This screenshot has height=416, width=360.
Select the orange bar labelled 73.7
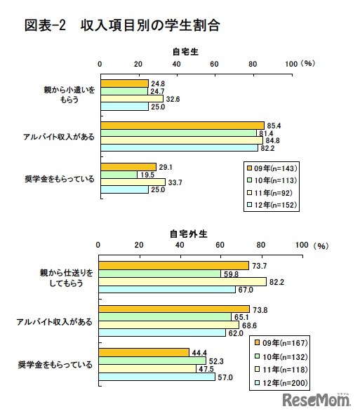pyautogui.click(x=173, y=265)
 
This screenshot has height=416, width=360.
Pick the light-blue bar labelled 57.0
pyautogui.click(x=156, y=377)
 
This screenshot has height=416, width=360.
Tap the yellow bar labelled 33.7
pyautogui.click(x=133, y=182)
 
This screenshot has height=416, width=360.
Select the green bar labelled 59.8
pyautogui.click(x=159, y=273)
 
